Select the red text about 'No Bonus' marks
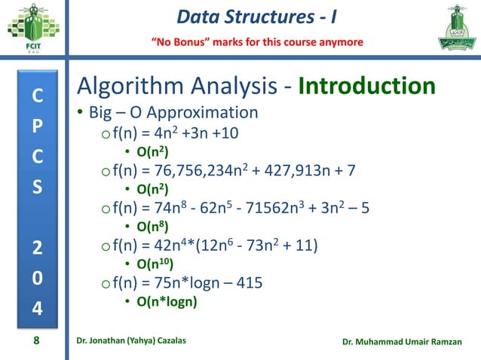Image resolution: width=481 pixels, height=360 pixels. click(258, 41)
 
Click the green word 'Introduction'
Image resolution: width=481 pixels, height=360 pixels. click(367, 86)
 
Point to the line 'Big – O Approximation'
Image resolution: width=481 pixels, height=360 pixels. click(173, 114)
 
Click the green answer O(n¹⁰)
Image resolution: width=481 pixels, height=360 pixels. click(154, 264)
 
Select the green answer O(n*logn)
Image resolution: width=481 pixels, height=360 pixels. click(166, 302)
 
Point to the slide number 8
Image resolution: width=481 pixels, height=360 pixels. click(36, 340)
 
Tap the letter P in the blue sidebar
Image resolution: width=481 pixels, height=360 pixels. click(36, 130)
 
